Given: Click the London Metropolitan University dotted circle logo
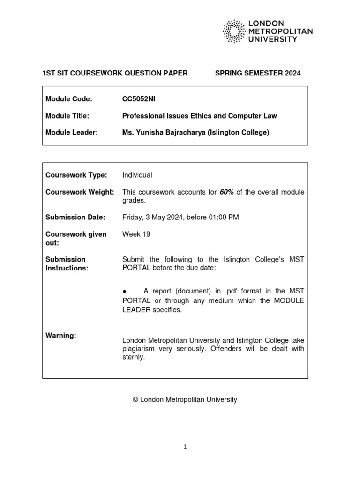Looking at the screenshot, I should click(233, 31).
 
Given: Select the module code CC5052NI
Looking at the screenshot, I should click(139, 99).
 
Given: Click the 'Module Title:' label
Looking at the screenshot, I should click(67, 116).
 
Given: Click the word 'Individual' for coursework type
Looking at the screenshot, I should click(137, 175).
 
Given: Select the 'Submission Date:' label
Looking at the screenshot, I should click(75, 217).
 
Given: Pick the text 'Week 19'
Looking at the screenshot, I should click(136, 234).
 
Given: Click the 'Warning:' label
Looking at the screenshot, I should click(61, 336).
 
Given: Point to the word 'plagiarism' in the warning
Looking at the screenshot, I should click(139, 349).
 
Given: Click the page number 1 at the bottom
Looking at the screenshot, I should click(185, 447).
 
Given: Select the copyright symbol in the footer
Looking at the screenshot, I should click(135, 400).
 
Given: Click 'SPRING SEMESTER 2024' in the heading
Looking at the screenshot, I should click(257, 73).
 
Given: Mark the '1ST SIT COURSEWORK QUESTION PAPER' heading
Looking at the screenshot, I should click(115, 73).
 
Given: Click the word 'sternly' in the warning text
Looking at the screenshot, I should click(134, 357).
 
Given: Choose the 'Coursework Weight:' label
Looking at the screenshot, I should click(80, 192).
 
